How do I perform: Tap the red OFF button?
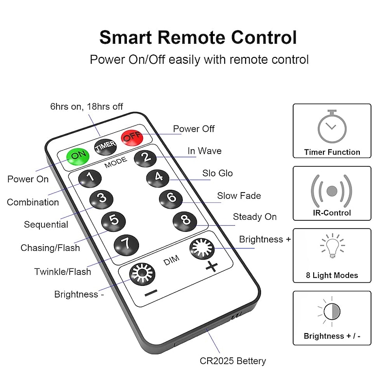point(132,138)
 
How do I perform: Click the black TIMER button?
point(106,147)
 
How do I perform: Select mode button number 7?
point(126,245)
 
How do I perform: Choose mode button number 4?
point(158,178)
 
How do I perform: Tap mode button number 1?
point(90,178)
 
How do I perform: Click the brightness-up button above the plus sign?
point(202,249)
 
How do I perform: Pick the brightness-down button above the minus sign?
point(142,274)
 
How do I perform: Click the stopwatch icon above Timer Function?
point(332,126)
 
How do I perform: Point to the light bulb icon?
point(333,246)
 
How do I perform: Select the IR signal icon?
point(332,191)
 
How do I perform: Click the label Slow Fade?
point(239,196)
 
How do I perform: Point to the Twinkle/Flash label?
point(63,272)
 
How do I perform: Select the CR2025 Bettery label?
point(233,361)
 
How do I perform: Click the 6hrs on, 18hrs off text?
point(87,106)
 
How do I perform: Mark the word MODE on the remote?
point(116,162)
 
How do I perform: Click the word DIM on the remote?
point(172,260)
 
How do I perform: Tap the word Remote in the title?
point(191,38)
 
